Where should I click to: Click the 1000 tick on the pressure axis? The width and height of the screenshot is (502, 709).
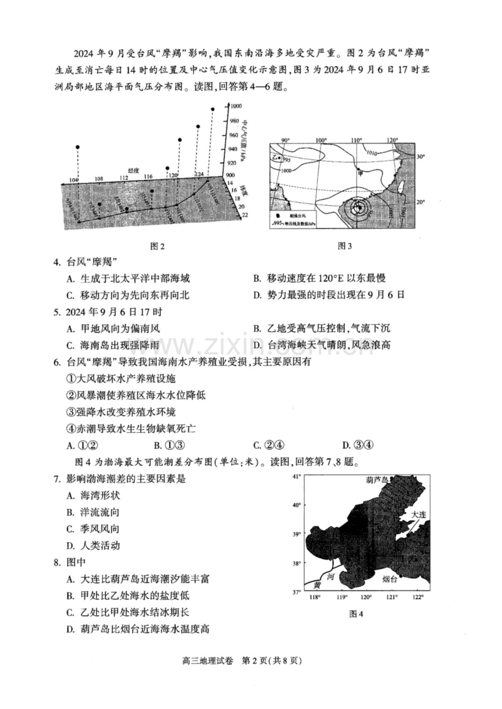[235, 106]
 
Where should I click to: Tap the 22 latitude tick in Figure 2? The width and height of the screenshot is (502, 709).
[244, 214]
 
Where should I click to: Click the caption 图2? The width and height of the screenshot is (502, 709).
[157, 246]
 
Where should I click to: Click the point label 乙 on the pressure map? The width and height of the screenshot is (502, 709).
[274, 157]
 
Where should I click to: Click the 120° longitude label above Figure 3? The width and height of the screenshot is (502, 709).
[391, 141]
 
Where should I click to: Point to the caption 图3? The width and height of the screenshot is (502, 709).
[345, 246]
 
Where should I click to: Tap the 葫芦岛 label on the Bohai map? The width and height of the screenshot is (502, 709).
[378, 480]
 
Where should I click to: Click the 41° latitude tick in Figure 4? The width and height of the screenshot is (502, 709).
[297, 477]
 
